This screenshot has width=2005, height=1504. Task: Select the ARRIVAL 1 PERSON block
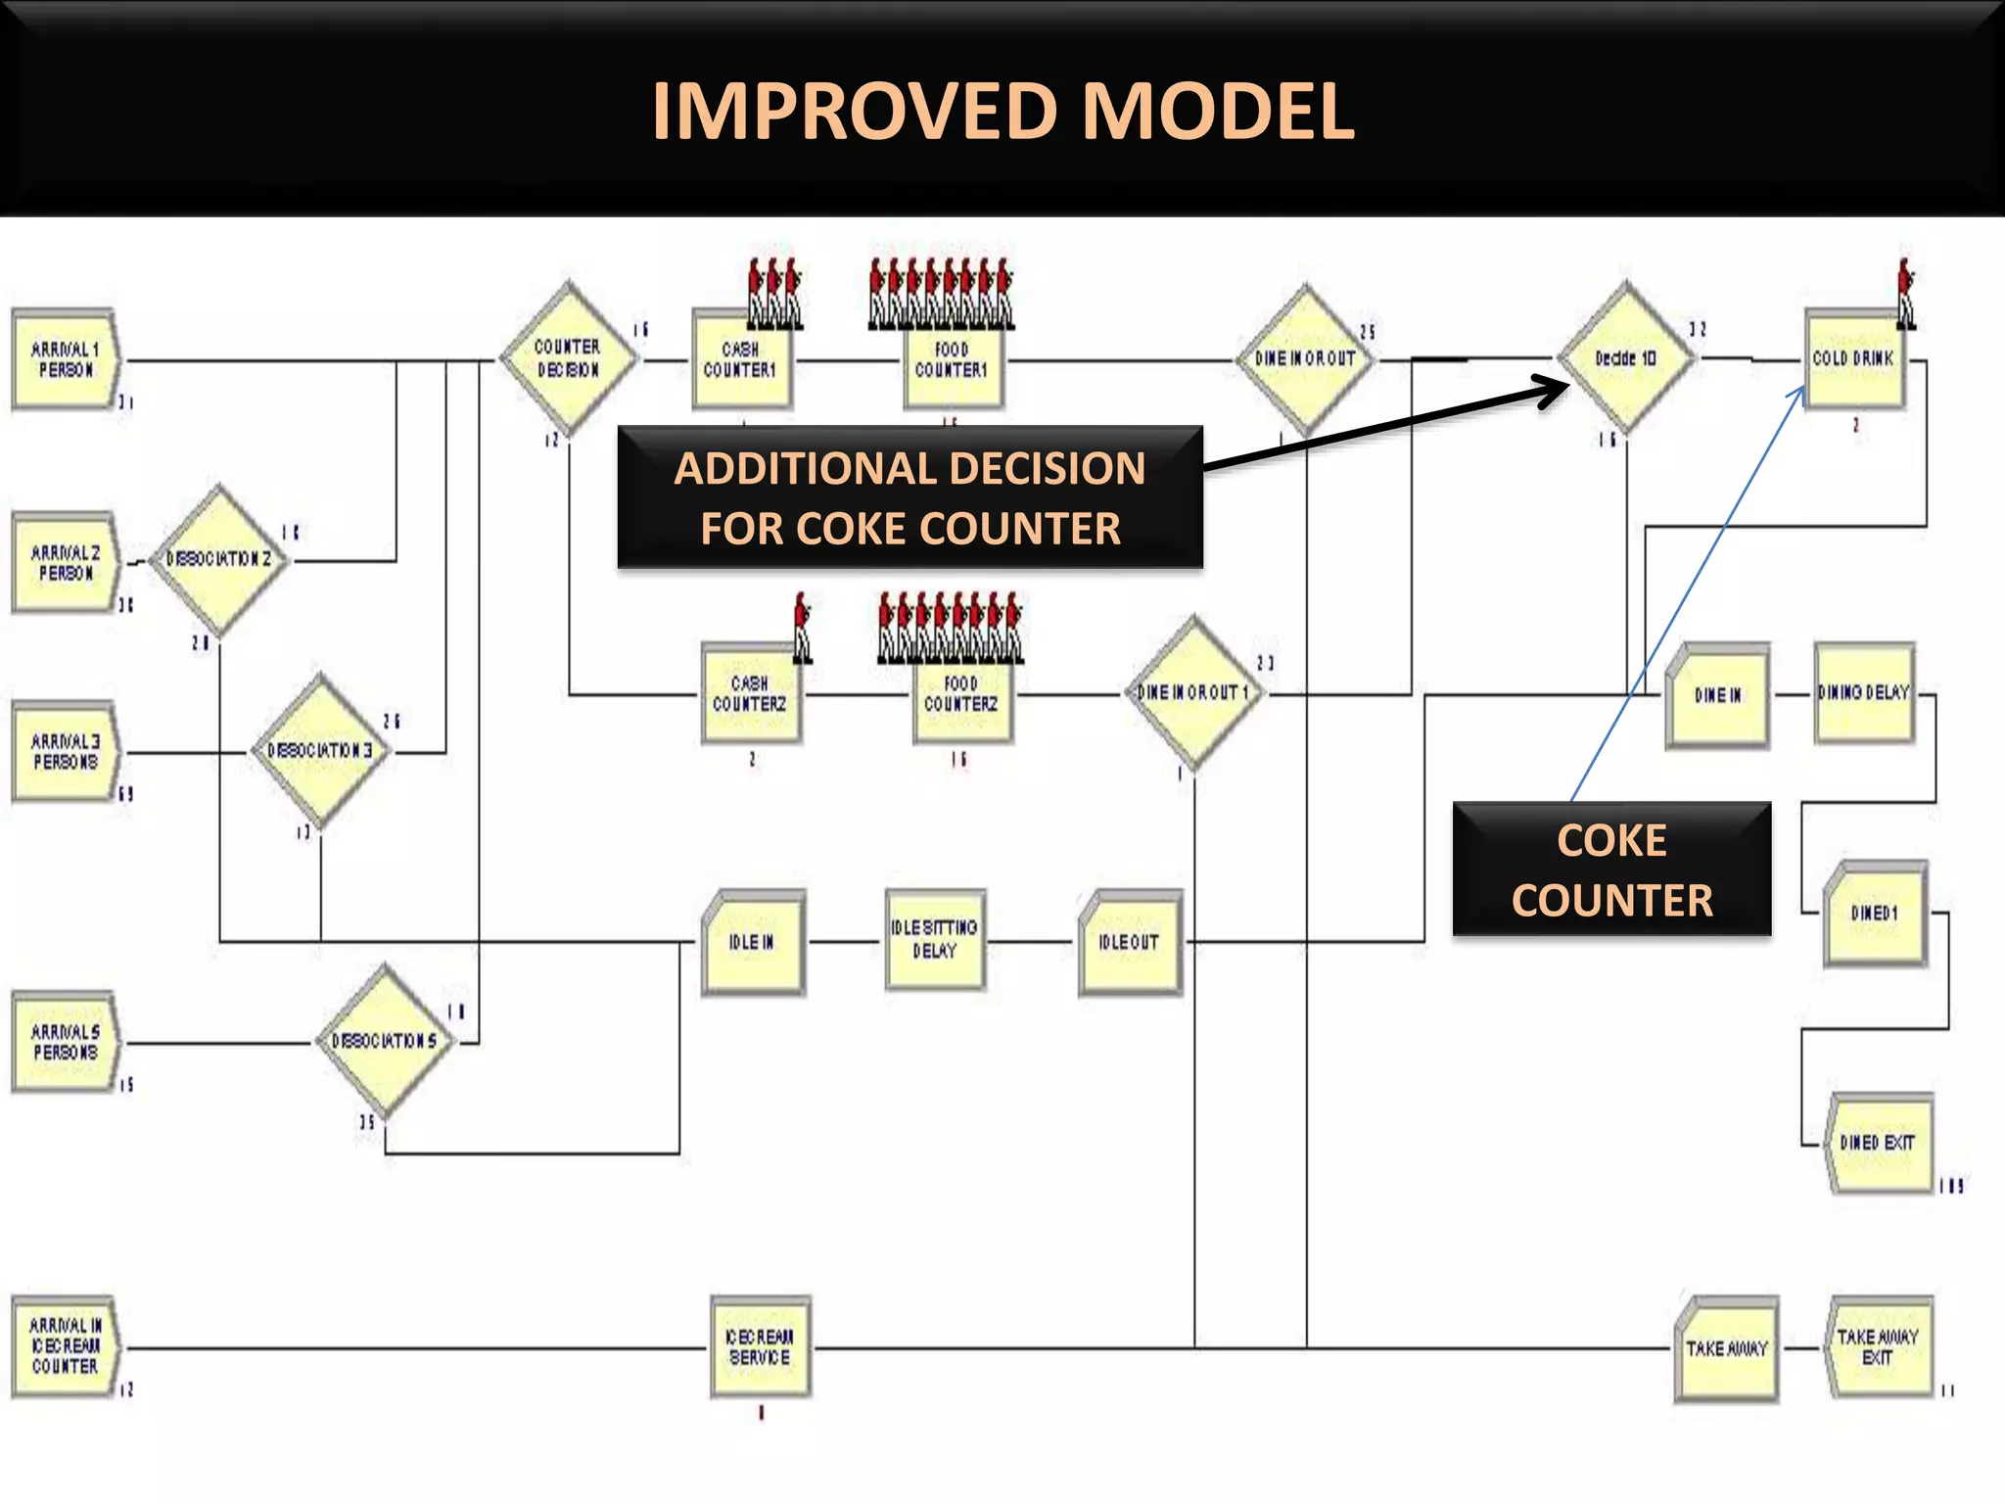[66, 359]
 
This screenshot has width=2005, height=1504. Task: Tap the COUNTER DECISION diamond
[568, 358]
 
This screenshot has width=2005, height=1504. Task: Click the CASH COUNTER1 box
[741, 360]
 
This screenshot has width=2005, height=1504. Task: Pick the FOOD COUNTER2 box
[961, 694]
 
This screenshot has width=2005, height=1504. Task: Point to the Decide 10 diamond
[1625, 358]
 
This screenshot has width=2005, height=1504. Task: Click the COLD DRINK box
[1853, 359]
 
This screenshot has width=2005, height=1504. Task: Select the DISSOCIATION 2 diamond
[218, 560]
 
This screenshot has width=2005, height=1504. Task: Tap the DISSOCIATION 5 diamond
[385, 1041]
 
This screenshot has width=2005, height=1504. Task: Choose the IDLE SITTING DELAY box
[934, 940]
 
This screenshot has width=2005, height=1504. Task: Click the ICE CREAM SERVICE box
[760, 1347]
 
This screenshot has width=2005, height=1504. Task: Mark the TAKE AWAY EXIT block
[1877, 1348]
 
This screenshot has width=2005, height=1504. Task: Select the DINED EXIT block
[1877, 1143]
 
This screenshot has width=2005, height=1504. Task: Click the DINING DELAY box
[1864, 693]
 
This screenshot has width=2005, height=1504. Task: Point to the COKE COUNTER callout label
[1611, 869]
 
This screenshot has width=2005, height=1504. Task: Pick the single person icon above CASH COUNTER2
[802, 627]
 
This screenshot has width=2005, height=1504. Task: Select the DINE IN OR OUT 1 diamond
[1192, 693]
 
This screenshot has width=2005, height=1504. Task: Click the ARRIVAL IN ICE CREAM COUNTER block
[66, 1346]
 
